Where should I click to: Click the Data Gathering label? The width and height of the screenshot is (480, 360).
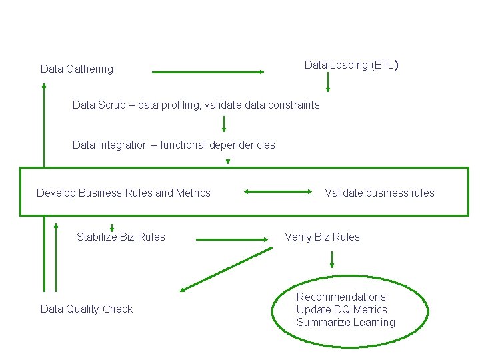coord(77,69)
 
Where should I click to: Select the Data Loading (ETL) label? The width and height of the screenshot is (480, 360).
coord(351,65)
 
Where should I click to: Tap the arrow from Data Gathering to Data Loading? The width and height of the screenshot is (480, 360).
coord(208,72)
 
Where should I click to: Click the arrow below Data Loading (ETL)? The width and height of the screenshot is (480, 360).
coord(327,82)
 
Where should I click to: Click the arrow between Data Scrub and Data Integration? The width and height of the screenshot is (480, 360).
coord(224,124)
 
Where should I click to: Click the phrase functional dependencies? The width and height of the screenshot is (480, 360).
coord(217,145)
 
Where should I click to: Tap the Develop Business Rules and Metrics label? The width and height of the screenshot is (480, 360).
coord(123,193)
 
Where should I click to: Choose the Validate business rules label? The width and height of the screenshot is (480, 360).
coord(379,193)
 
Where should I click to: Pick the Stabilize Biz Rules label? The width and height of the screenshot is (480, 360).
coord(121,237)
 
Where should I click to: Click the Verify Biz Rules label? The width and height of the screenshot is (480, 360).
coord(322,237)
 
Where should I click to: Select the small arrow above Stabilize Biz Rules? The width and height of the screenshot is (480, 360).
coord(112,227)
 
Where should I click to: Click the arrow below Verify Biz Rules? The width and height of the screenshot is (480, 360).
coord(331,261)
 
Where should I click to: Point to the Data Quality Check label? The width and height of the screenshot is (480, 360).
coord(87,309)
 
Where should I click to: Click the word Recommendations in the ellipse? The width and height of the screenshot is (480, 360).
coord(341,297)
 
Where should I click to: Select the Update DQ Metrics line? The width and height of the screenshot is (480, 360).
coord(341,310)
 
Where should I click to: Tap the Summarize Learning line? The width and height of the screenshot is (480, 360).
coord(345,323)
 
